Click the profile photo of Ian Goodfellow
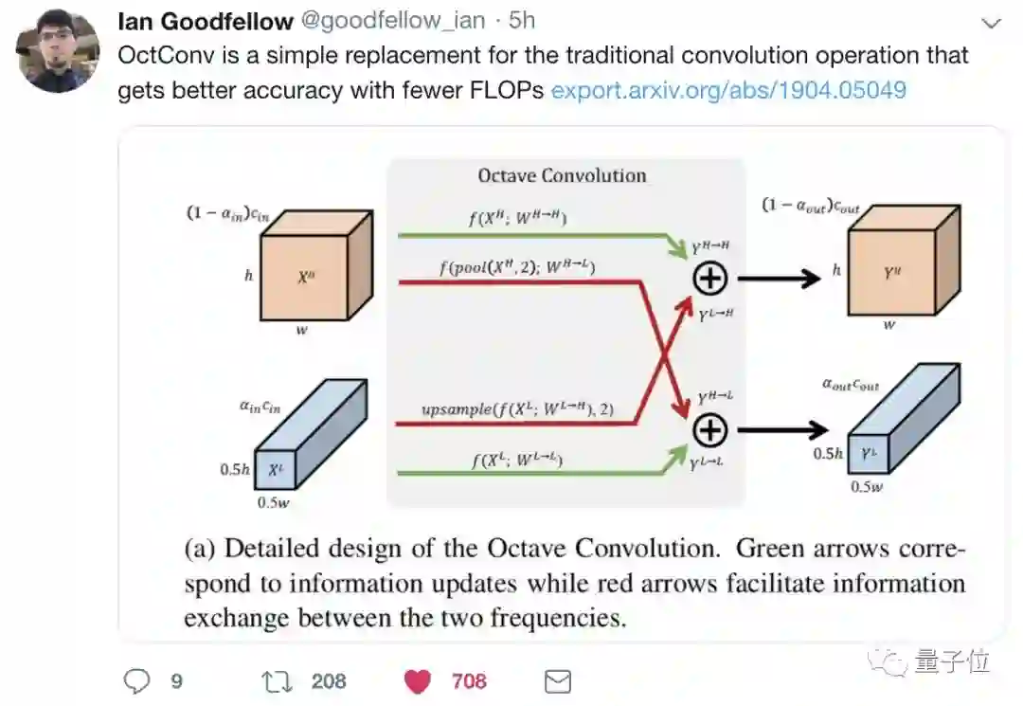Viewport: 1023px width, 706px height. click(x=59, y=53)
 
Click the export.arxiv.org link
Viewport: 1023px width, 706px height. click(x=728, y=90)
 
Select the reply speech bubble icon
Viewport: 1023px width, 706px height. click(x=137, y=679)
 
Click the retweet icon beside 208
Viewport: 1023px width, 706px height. click(x=275, y=679)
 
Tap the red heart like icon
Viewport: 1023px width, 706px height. click(x=418, y=680)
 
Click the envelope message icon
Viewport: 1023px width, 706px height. click(x=558, y=680)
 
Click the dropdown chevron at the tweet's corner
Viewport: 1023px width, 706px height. click(x=992, y=23)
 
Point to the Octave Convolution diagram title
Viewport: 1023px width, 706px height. click(x=562, y=175)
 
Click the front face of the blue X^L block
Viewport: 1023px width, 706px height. click(x=274, y=470)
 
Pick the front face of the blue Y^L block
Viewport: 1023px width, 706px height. click(x=868, y=455)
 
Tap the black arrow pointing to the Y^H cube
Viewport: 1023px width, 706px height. click(x=779, y=278)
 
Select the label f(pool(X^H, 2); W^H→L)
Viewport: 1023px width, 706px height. click(x=516, y=268)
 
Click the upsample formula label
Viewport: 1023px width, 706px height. click(x=517, y=409)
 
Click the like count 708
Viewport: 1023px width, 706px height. click(x=469, y=680)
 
